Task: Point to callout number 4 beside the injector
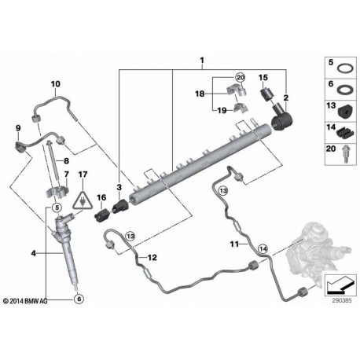(x=33, y=253)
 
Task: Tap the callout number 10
(x=55, y=84)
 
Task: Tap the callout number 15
(x=264, y=78)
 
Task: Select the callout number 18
(x=200, y=93)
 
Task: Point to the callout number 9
(x=17, y=127)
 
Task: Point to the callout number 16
(x=101, y=199)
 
